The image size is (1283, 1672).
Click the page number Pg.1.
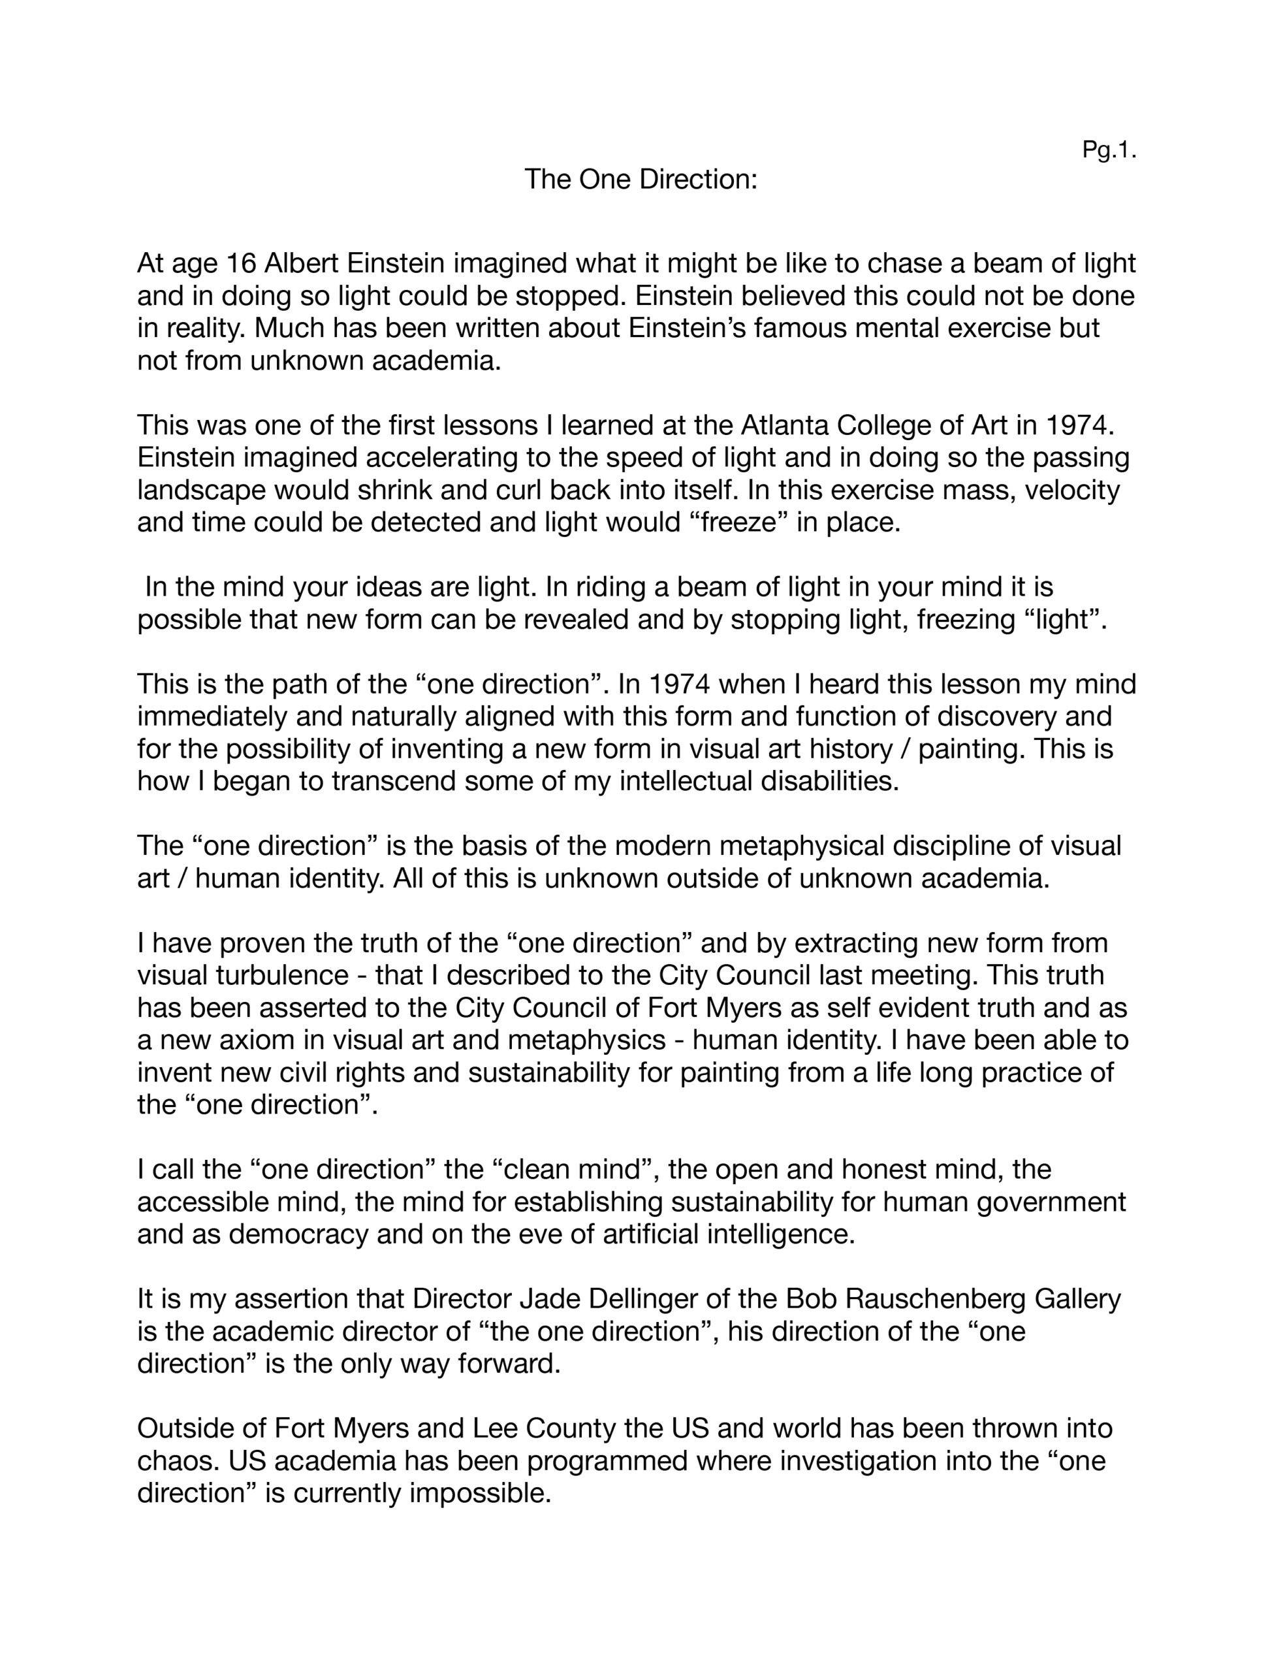coord(1109,150)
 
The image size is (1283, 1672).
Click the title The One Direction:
coord(641,180)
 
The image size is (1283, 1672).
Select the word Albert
coord(302,263)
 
